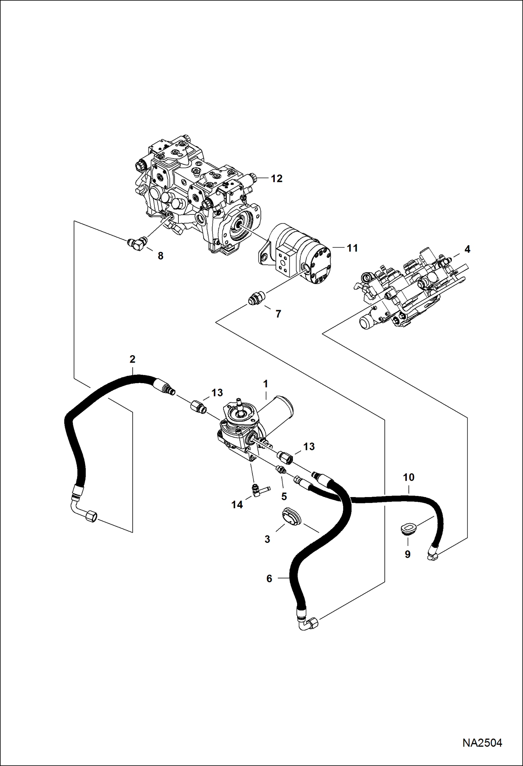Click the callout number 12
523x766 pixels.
coord(277,178)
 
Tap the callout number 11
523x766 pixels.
coord(352,248)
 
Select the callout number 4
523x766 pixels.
coord(467,249)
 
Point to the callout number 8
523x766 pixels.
coord(160,256)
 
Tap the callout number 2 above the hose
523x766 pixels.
coord(132,359)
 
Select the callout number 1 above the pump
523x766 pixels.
coord(265,384)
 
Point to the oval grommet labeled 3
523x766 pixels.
coord(292,516)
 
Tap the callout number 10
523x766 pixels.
coord(408,477)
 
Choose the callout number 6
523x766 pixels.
coord(269,578)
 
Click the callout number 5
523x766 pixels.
coord(284,496)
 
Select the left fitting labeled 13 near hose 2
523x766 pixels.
coord(199,407)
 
